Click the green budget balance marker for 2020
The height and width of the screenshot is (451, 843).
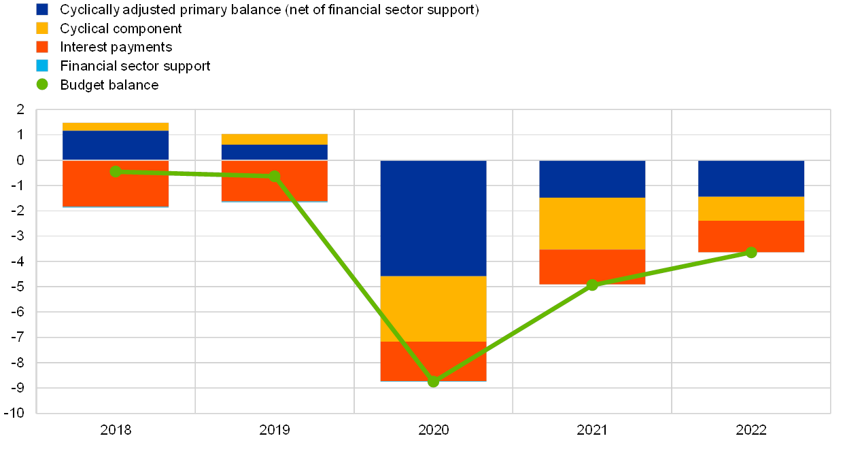[433, 382]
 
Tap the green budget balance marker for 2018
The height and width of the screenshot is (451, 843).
[116, 171]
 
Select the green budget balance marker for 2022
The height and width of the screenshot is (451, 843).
[751, 253]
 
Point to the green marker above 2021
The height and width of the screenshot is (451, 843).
[592, 285]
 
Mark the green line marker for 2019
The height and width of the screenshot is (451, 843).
[274, 176]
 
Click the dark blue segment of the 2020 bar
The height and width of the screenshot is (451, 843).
[433, 218]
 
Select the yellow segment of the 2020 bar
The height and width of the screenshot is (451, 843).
[433, 308]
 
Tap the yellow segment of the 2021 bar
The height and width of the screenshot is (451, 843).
[592, 223]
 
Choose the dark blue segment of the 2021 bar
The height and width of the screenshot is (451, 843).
[592, 179]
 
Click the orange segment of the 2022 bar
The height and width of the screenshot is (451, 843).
[751, 236]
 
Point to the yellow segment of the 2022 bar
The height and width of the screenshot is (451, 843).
[751, 209]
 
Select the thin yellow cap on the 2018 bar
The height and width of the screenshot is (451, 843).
[116, 126]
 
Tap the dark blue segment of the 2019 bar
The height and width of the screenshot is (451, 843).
[274, 152]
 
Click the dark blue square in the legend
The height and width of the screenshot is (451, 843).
[42, 10]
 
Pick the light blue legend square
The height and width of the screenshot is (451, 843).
[42, 66]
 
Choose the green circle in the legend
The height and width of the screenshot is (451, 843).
[42, 85]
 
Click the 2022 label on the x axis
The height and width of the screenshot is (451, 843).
[751, 429]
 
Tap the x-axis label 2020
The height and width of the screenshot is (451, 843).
[433, 429]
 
